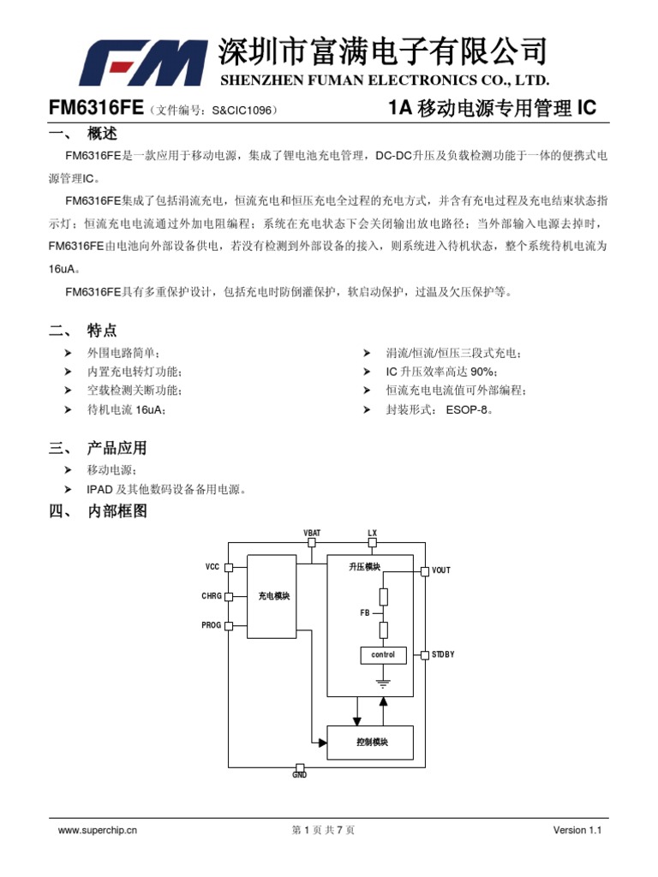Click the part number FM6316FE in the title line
tap(94, 109)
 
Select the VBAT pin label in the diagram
tap(312, 533)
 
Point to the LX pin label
tap(372, 533)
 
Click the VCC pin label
tap(212, 567)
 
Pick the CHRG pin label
tap(211, 596)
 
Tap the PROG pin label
tap(211, 625)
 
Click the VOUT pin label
tap(441, 570)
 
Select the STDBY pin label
tap(443, 655)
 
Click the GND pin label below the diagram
tap(299, 775)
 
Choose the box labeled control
tap(383, 655)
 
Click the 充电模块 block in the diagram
tap(273, 596)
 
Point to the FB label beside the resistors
tap(364, 613)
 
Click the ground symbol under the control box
tap(383, 683)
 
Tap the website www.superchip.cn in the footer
tap(97, 830)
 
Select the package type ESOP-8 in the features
tap(468, 410)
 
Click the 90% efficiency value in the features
tap(478, 372)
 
